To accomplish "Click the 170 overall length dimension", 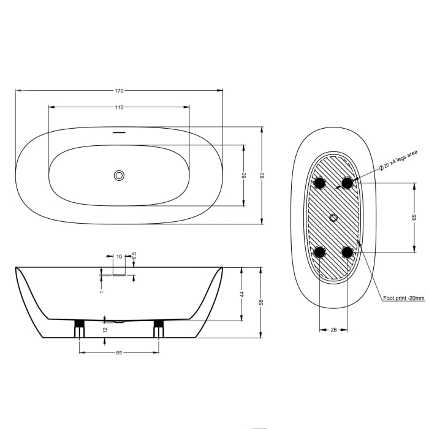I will coord(119,91).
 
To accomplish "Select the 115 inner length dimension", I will coord(119,107).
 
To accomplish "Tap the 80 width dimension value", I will coord(262,175).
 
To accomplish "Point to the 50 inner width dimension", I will coord(244,175).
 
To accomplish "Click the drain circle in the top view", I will coord(119,176).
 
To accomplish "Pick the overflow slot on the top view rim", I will coord(119,132).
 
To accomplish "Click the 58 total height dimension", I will coord(262,302).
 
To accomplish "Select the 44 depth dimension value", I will coord(242,294).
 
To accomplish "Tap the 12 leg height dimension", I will coord(105,330).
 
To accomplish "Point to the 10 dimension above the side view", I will coord(119,257).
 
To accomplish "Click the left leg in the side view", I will coord(79,328).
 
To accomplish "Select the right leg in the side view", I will coord(159,328).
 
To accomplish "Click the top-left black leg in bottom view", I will coord(319,183).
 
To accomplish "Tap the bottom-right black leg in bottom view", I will coord(347,252).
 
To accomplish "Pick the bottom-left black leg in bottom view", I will coord(319,252).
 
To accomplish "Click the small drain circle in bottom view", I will coord(333,218).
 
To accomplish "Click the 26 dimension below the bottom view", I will coord(333,330).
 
